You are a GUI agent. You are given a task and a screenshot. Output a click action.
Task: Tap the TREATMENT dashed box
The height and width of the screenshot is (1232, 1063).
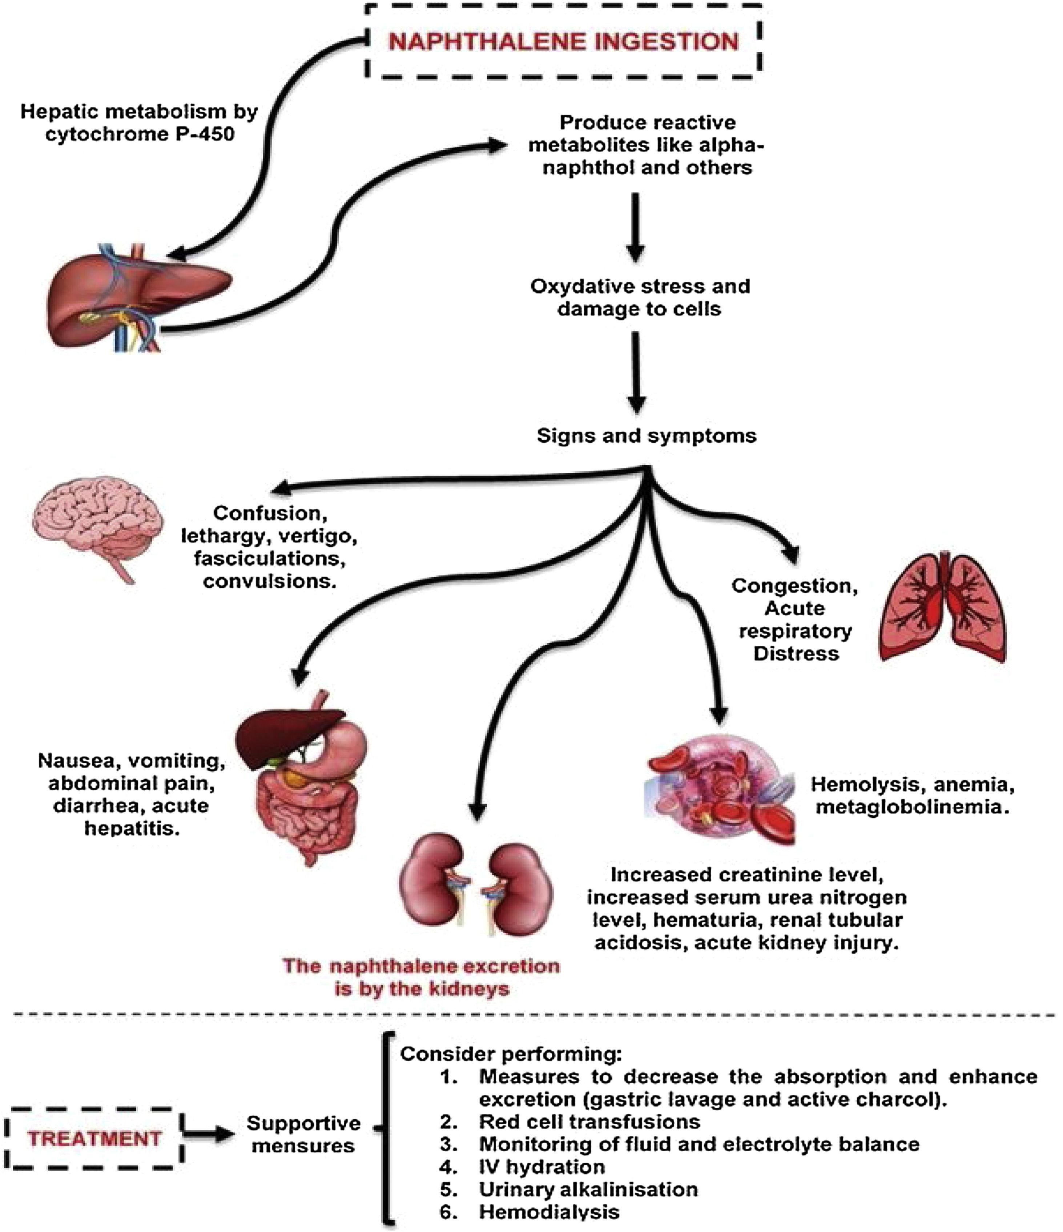[94, 1138]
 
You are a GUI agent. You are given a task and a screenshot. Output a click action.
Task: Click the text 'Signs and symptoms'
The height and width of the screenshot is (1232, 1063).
[646, 436]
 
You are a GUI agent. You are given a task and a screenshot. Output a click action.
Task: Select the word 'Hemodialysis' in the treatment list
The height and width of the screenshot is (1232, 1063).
[549, 1212]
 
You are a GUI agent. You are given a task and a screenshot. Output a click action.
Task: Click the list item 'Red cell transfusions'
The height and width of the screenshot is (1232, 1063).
[589, 1122]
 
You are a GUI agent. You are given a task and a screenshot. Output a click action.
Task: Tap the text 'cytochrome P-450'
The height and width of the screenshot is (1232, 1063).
[140, 134]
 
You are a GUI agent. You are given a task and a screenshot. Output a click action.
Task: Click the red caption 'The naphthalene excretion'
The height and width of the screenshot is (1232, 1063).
[421, 966]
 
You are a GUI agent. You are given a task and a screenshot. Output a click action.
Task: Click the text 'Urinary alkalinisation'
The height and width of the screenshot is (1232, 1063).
[588, 1189]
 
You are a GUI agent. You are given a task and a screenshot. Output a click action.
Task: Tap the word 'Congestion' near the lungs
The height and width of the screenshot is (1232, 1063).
[794, 586]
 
